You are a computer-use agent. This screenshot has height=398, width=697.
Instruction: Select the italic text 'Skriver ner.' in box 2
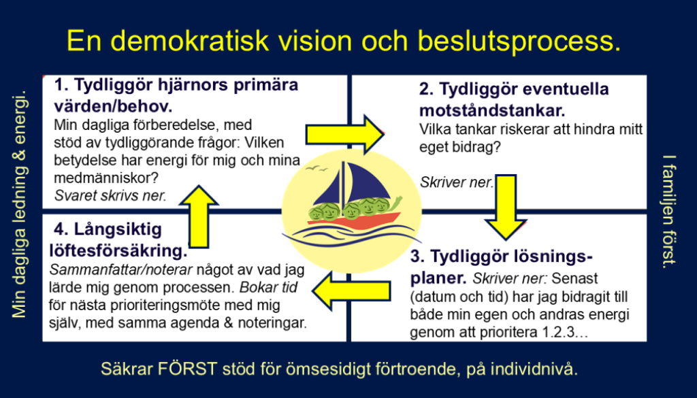[x=455, y=182]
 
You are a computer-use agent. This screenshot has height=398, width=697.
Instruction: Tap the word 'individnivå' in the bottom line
[x=536, y=369]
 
